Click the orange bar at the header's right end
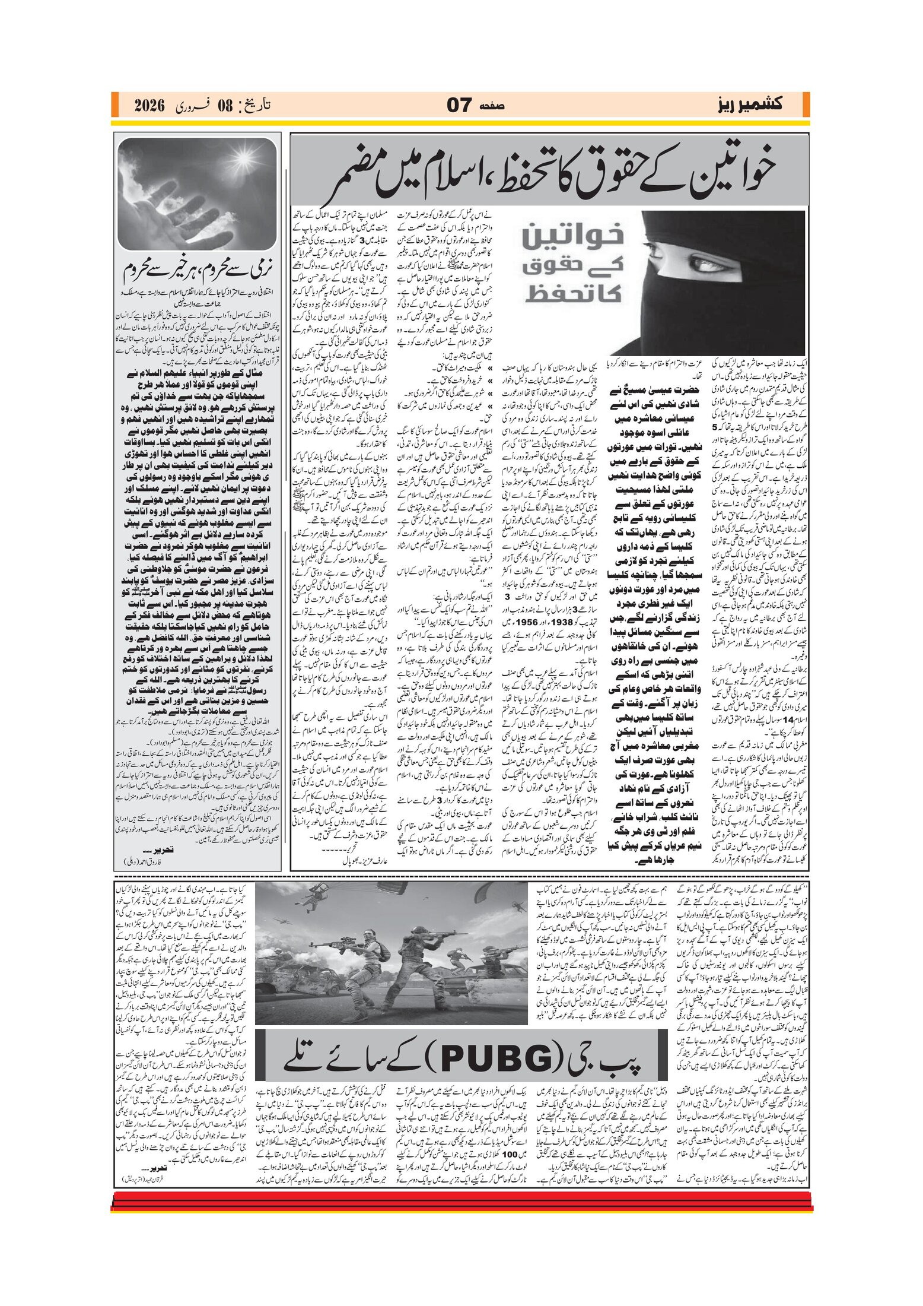pos(806,104)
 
